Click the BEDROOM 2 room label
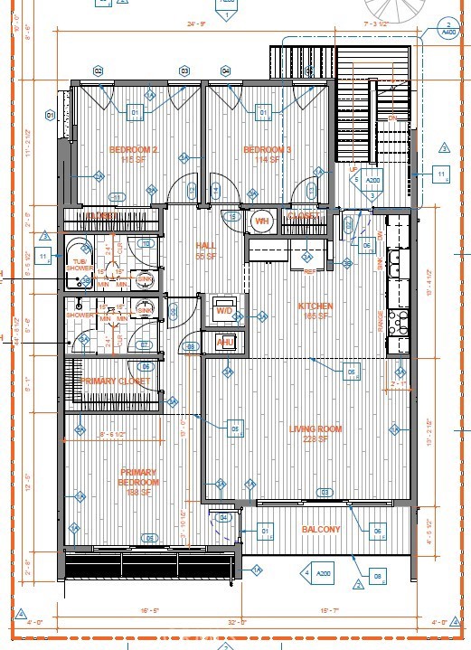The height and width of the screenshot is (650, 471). (x=134, y=150)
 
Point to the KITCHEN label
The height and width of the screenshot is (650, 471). (x=316, y=306)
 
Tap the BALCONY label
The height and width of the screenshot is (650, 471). (x=321, y=530)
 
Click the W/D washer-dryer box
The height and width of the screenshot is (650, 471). (x=223, y=310)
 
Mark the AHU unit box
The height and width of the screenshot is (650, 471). (x=226, y=341)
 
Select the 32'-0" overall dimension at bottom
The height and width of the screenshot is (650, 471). (x=238, y=621)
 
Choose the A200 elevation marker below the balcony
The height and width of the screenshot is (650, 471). (x=319, y=573)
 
